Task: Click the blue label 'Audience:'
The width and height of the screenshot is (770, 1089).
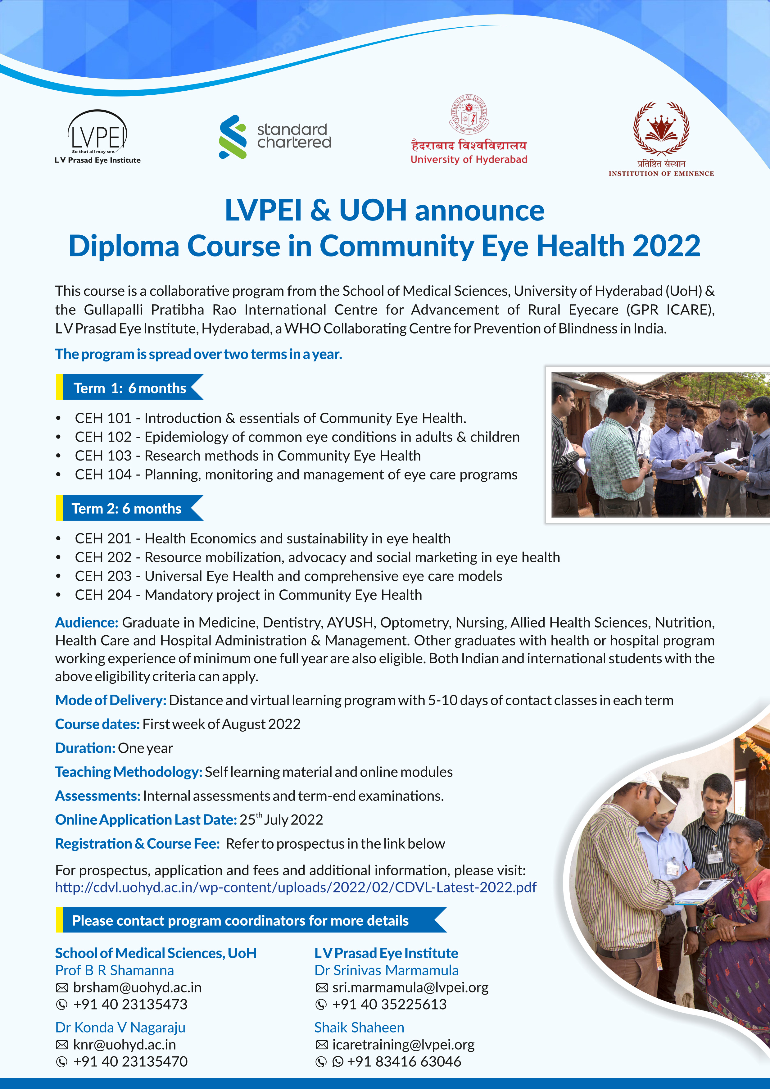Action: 87,622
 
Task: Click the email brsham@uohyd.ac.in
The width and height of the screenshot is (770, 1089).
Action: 137,987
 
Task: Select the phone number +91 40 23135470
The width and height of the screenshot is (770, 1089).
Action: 130,1061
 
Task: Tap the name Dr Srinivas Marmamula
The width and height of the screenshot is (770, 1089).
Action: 387,970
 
